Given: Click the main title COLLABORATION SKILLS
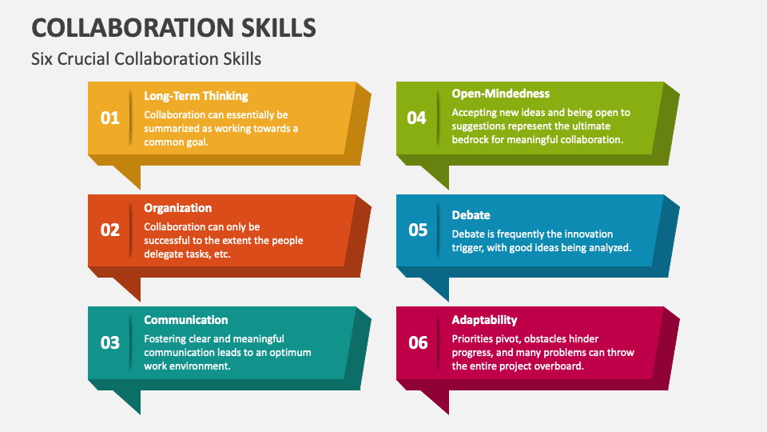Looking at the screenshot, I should [x=173, y=26].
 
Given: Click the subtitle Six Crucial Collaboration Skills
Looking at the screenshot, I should [x=146, y=59].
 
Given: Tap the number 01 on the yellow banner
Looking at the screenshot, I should [x=109, y=118].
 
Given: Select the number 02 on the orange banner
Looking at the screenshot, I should [x=109, y=230].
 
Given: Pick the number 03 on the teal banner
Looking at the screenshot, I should [x=109, y=342].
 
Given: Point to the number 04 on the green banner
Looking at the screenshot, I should [x=417, y=118].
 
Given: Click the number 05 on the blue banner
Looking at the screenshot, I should [x=418, y=230].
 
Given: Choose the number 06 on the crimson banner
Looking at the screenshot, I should [x=418, y=342].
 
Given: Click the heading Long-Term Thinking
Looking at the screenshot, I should [x=196, y=96].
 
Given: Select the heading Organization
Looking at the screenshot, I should [x=177, y=208].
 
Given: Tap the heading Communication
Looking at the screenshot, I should [x=185, y=320].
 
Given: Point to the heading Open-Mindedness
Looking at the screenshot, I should [x=500, y=94].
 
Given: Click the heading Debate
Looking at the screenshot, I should [x=471, y=214].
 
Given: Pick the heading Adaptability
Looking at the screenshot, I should [x=484, y=320].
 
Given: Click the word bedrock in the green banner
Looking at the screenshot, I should [x=471, y=139].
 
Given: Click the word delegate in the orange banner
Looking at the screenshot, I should [x=166, y=254].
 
